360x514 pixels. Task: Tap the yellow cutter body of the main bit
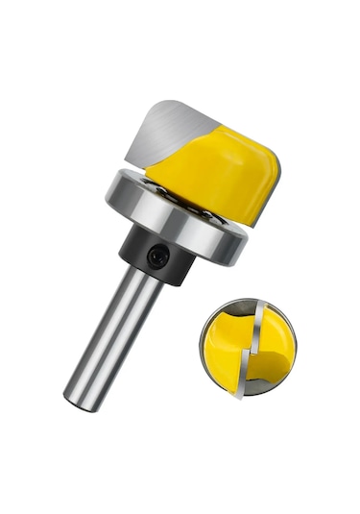pos(216,173)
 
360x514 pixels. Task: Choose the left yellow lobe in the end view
pos(226,341)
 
